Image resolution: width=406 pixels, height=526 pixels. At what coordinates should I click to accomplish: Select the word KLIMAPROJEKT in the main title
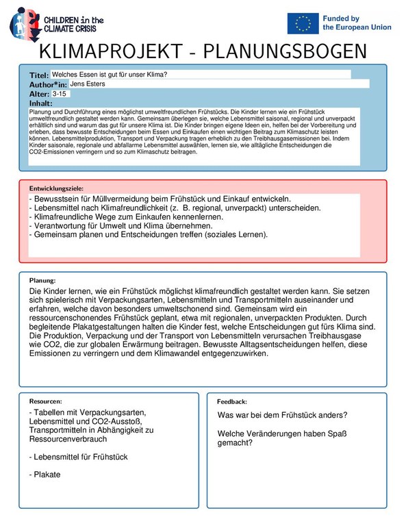click(x=112, y=51)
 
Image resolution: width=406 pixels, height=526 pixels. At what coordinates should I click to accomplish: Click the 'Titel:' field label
click(x=39, y=75)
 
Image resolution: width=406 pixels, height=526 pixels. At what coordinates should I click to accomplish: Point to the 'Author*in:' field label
click(x=48, y=84)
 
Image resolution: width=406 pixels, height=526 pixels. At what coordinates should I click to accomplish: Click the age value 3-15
click(x=61, y=93)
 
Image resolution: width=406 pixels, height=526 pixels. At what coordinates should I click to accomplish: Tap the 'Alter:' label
click(x=39, y=94)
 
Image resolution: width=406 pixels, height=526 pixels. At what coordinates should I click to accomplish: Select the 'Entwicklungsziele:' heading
click(x=56, y=187)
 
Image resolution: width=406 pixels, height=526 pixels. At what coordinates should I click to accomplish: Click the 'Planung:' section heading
click(x=42, y=280)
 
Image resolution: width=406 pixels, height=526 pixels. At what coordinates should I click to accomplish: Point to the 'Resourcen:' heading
click(x=46, y=401)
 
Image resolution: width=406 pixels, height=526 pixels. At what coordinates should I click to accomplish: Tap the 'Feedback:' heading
click(x=232, y=401)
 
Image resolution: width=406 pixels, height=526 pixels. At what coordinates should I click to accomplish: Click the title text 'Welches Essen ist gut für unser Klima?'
click(x=110, y=74)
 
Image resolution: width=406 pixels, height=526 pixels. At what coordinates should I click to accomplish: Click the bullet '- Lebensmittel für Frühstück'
click(x=79, y=456)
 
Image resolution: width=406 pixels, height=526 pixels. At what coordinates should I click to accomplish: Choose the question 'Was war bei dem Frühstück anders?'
click(x=282, y=416)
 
